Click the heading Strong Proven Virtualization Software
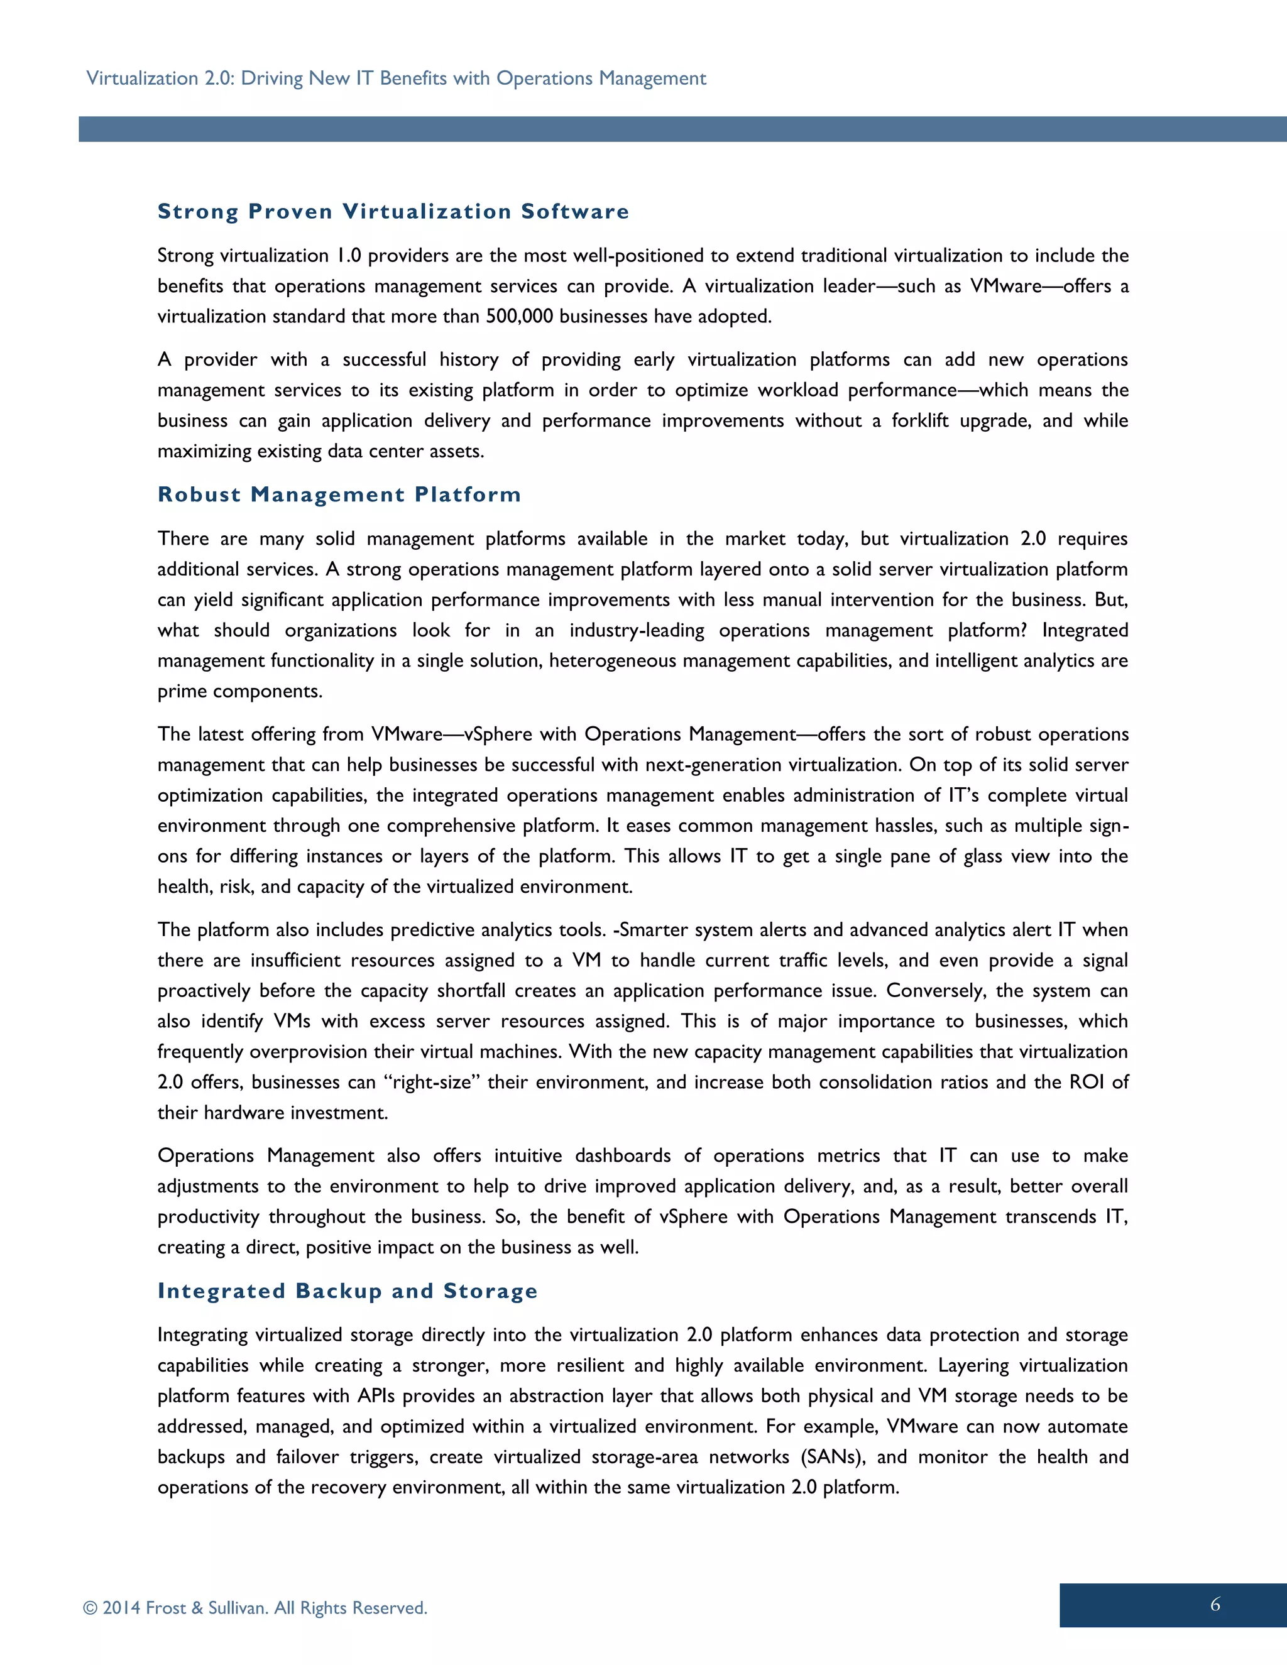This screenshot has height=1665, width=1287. tap(393, 211)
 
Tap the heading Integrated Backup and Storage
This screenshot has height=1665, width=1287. tap(348, 1291)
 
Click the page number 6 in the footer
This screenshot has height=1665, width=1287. tap(1215, 1605)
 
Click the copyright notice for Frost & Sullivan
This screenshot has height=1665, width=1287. tap(255, 1608)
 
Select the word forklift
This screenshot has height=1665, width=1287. tap(920, 421)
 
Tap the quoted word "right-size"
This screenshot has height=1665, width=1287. tap(430, 1082)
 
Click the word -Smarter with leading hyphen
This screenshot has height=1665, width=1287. tap(651, 930)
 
